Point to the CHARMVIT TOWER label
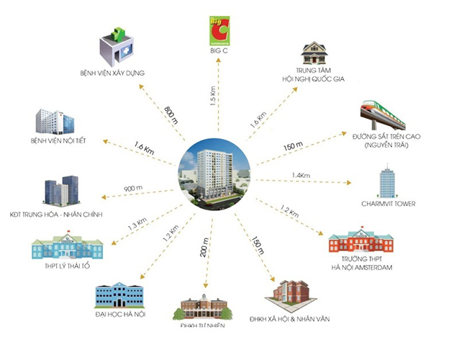pos(389,204)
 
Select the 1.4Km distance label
pos(301,175)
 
